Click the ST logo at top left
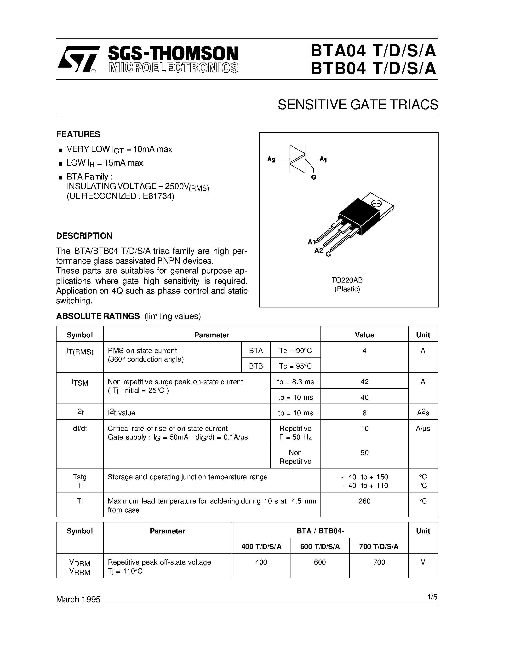coord(77,59)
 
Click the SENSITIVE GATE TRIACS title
coord(358,105)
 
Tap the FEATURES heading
coord(78,134)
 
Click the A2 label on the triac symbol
coord(271,159)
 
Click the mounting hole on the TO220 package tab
coord(376,204)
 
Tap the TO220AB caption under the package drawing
coord(347,280)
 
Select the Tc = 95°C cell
coord(295,366)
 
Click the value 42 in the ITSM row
coord(364,382)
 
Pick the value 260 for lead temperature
coord(364,501)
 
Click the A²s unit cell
coord(423,413)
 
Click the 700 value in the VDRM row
coord(379,562)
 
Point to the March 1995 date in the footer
coord(78,599)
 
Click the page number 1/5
coord(432,597)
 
